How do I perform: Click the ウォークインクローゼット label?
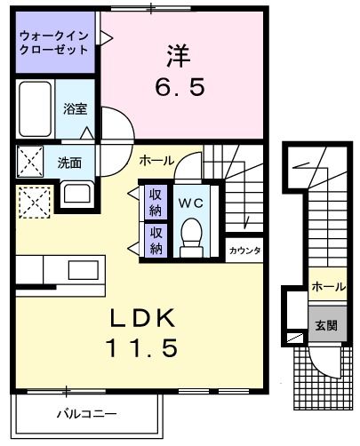click(52, 43)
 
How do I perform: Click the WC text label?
click(191, 203)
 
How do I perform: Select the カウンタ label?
click(244, 251)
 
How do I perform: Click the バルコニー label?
click(86, 414)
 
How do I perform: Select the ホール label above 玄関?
click(328, 287)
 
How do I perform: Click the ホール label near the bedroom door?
click(157, 160)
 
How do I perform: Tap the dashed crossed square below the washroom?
click(34, 202)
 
